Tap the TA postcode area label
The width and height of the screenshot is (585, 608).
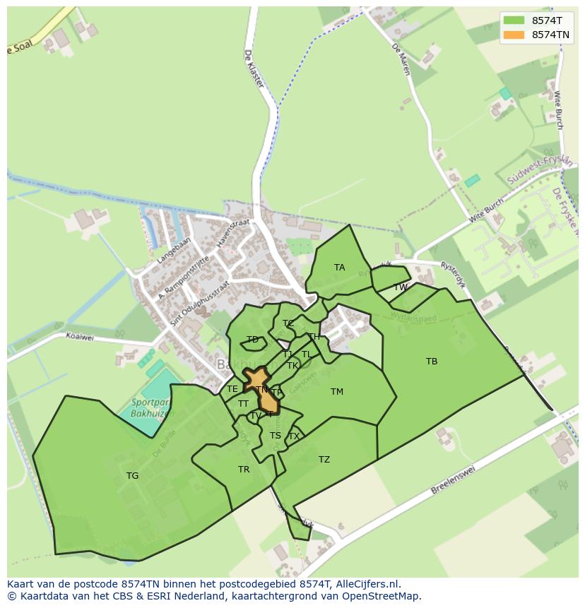tap(340, 268)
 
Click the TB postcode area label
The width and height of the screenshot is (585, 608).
tap(432, 362)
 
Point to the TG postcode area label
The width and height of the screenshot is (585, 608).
tap(132, 476)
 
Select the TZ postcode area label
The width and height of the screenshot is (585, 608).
tap(324, 460)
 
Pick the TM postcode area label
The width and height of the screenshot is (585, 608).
tap(337, 392)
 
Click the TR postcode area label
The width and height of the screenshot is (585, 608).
tap(244, 470)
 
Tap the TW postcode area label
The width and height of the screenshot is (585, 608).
tap(401, 287)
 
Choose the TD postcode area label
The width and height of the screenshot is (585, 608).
tap(252, 340)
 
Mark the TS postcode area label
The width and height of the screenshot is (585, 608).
tap(276, 436)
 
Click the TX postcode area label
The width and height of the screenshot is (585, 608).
tap(294, 436)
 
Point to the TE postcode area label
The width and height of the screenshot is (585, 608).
tap(232, 389)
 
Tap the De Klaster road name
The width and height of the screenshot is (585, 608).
tap(254, 68)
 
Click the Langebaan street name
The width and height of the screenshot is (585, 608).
tap(172, 250)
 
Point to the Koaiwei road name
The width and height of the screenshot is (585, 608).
tap(79, 338)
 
